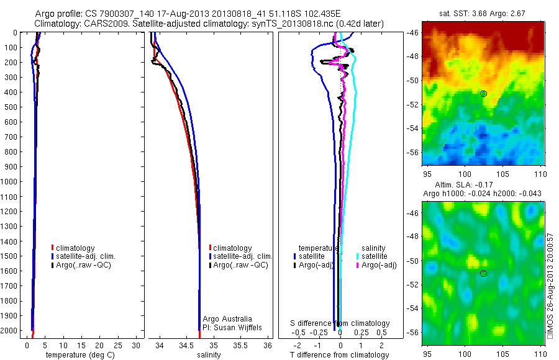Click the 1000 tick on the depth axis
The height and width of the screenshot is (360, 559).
tap(10, 182)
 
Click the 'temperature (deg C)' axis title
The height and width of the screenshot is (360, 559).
tap(78, 355)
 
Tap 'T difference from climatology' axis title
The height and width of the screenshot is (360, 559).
tap(339, 355)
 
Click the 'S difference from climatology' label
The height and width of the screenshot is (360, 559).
tap(340, 323)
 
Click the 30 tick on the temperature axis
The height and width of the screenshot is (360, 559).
tap(136, 346)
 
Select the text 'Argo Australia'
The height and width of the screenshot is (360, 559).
tap(227, 318)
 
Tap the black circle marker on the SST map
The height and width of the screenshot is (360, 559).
tap(483, 94)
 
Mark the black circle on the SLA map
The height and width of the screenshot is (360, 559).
tap(483, 274)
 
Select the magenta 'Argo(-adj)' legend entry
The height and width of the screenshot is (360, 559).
tap(379, 266)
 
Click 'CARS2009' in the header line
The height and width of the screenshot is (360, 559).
tap(99, 24)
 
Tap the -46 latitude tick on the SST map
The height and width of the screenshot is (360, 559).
tap(413, 32)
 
